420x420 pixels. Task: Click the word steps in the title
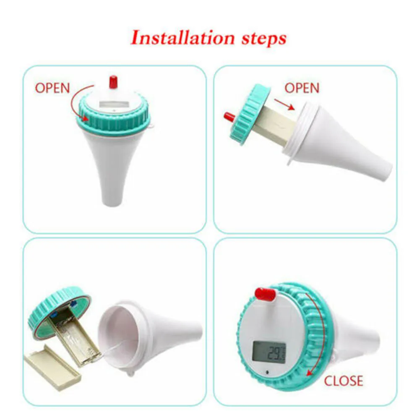click(264, 39)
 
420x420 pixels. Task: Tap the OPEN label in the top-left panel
click(52, 88)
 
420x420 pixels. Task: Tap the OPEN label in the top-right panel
click(302, 88)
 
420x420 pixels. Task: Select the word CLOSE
click(343, 381)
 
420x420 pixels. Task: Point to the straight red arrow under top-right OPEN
click(284, 104)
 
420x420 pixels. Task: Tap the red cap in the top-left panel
click(113, 82)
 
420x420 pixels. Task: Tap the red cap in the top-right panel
click(230, 117)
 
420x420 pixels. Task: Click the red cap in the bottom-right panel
click(265, 295)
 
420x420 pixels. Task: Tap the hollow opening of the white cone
click(118, 334)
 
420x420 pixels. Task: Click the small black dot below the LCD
click(267, 373)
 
